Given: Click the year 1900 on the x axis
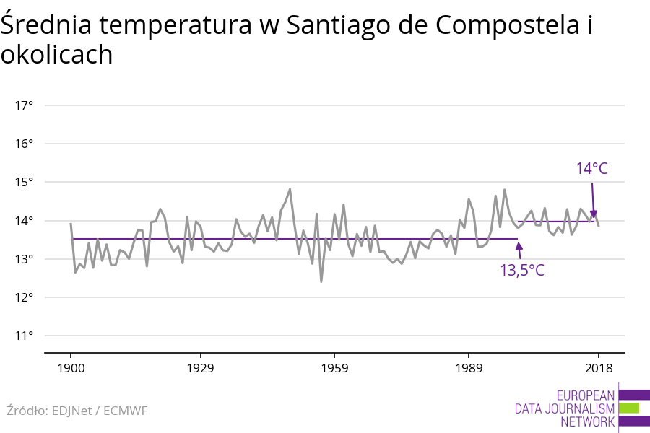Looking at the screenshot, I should (x=71, y=369).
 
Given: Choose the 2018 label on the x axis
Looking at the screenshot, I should (x=598, y=369).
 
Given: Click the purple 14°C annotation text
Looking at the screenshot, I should (x=591, y=169).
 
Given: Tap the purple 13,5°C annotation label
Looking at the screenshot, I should (x=522, y=271).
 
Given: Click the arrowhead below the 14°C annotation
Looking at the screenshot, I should (x=594, y=214).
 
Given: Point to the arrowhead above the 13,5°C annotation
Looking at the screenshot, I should (x=518, y=246).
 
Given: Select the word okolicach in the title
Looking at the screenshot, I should (x=56, y=55).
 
